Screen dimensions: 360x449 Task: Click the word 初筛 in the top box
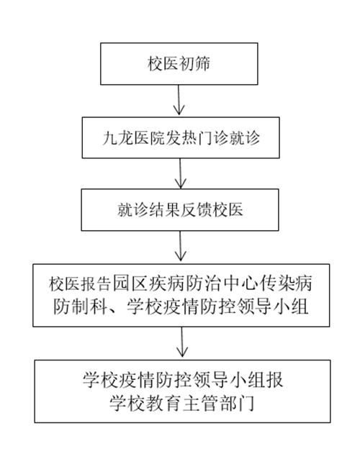point(195,63)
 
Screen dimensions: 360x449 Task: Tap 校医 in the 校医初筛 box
point(163,63)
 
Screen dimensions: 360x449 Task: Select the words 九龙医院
point(134,138)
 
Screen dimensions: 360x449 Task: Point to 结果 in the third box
point(165,210)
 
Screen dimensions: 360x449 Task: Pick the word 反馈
point(196,210)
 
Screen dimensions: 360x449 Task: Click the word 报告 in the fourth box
point(96,284)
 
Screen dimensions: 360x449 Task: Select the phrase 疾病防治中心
point(202,284)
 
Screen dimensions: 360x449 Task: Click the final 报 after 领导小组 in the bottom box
point(274,380)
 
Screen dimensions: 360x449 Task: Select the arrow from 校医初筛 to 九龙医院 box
point(179,100)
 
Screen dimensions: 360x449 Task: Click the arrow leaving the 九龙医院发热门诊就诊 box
point(180,173)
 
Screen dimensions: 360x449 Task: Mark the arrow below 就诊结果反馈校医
point(180,246)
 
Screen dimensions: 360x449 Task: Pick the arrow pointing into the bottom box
point(182,342)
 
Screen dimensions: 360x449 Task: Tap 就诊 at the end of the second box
point(244,138)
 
